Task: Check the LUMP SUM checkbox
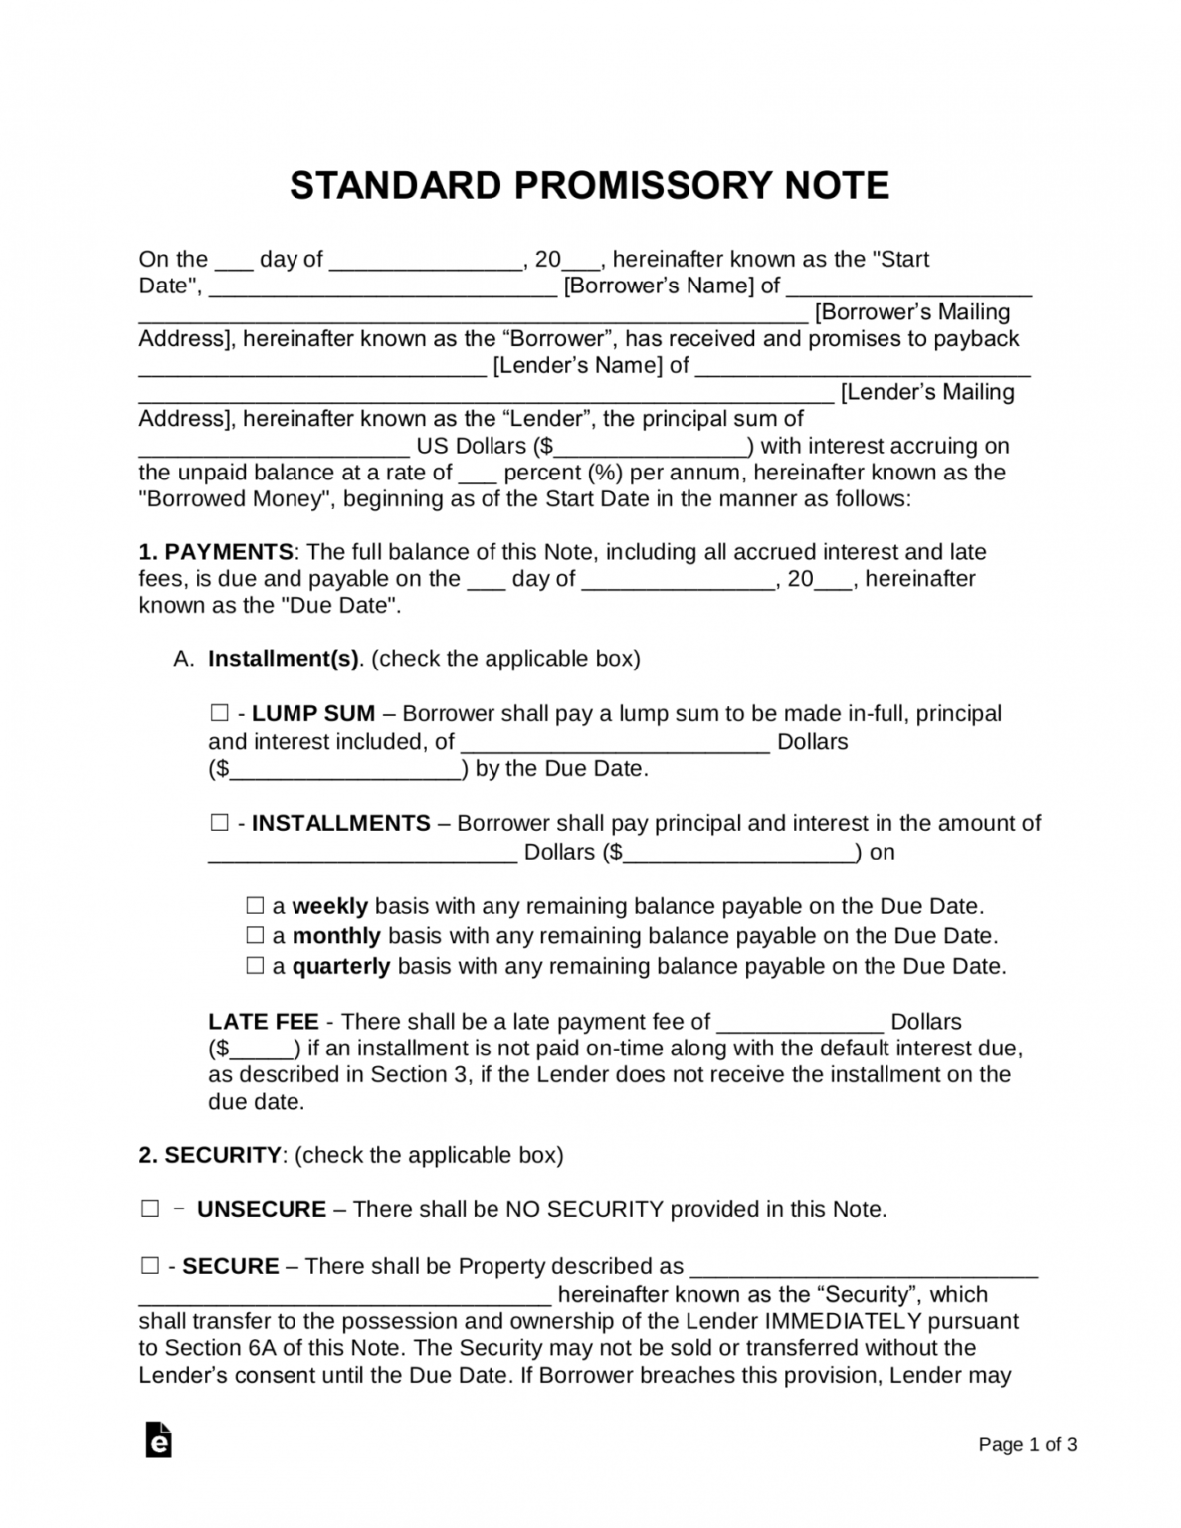[x=219, y=713]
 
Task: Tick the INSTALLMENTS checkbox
[x=219, y=823]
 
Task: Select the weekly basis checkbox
[x=256, y=906]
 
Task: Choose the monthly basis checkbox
[x=256, y=935]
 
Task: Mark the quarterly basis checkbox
[x=256, y=965]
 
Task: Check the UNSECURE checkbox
[x=150, y=1209]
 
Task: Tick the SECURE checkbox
[x=150, y=1266]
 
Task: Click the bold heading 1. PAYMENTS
[x=215, y=552]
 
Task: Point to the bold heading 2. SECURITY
[x=210, y=1155]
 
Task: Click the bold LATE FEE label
[x=264, y=1022]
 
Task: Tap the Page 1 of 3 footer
[x=1027, y=1444]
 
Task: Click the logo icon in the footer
[x=158, y=1439]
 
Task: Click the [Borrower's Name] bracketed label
[x=659, y=286]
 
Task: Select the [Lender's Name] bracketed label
[x=577, y=366]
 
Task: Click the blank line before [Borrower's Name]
[x=383, y=290]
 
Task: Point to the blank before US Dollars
[x=274, y=450]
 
